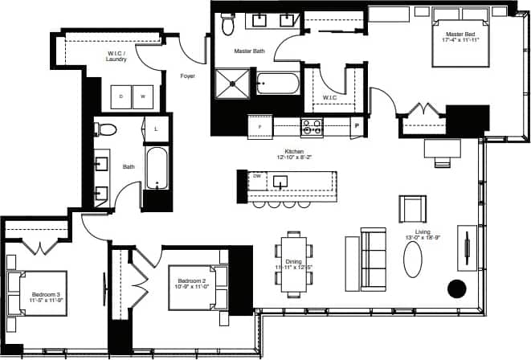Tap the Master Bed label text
461,35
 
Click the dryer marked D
121,96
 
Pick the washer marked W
144,96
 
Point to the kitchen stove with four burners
311,126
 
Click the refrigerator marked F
259,127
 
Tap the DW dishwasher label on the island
257,175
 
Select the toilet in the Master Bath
228,27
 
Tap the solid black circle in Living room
457,288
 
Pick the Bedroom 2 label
194,271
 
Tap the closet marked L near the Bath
155,129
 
